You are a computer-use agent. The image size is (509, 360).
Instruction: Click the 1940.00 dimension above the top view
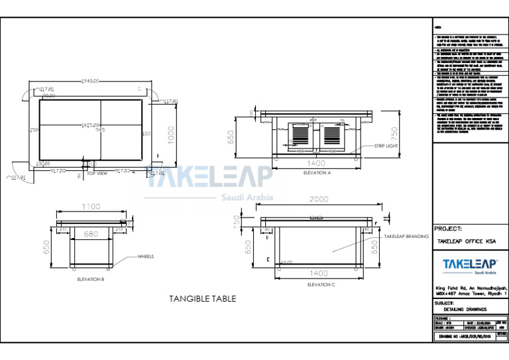pyautogui.click(x=89, y=81)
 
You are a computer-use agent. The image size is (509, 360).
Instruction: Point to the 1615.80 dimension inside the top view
pyautogui.click(x=90, y=125)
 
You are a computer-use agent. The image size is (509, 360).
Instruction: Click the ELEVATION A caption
pyautogui.click(x=316, y=173)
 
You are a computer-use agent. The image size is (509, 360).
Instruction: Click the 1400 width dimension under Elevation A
pyautogui.click(x=317, y=162)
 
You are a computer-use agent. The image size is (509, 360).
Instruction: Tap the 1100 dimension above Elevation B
pyautogui.click(x=91, y=207)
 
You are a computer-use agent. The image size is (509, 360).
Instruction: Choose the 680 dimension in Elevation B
pyautogui.click(x=91, y=233)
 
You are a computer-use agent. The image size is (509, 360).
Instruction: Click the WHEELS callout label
pyautogui.click(x=147, y=256)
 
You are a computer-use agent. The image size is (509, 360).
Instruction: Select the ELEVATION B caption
pyautogui.click(x=91, y=280)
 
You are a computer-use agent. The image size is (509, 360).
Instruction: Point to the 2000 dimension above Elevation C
pyautogui.click(x=319, y=199)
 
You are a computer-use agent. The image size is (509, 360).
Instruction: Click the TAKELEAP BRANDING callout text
pyautogui.click(x=406, y=236)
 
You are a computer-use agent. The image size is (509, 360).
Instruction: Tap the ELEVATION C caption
pyautogui.click(x=321, y=284)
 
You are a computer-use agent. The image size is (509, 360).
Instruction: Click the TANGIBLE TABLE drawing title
pyautogui.click(x=202, y=299)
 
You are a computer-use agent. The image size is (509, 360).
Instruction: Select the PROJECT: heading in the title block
pyautogui.click(x=448, y=229)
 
